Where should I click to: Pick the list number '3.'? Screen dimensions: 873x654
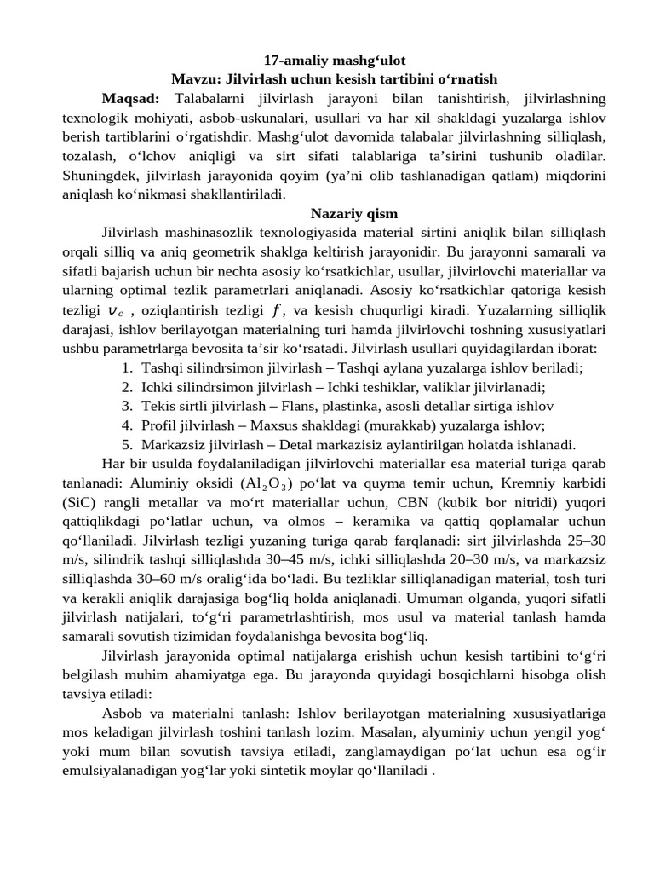[126, 406]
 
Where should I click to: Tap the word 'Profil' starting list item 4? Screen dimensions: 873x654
[159, 425]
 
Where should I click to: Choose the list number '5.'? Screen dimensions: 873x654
[126, 444]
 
